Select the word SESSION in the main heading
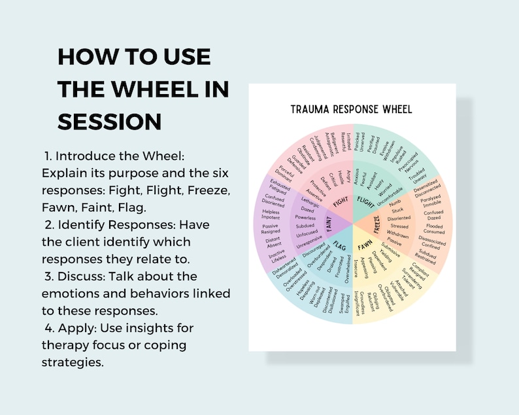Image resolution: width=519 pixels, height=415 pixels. point(110,122)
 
